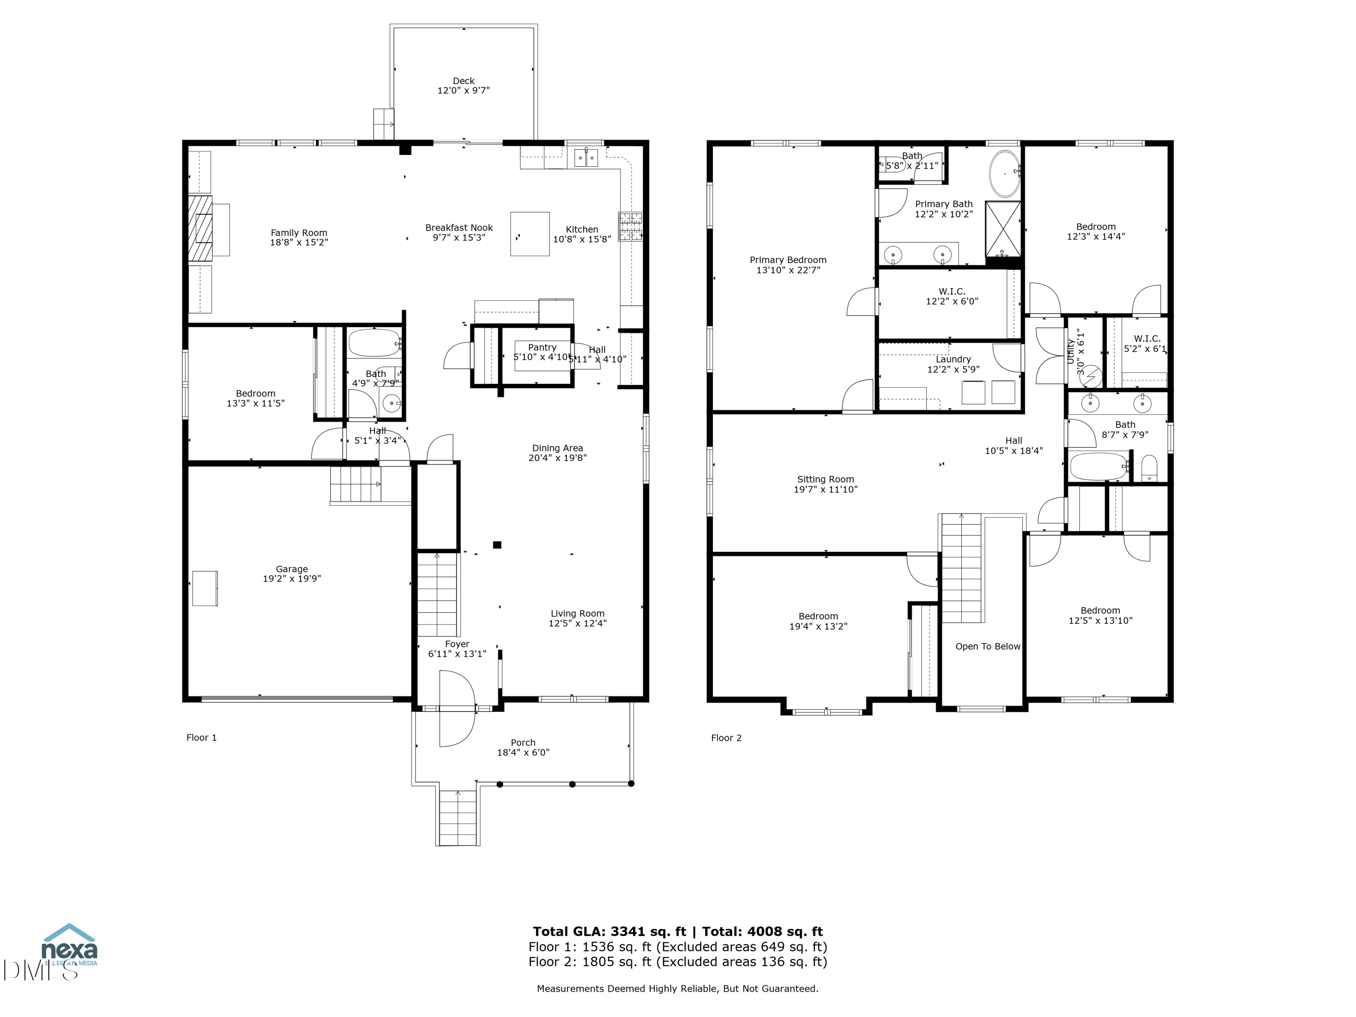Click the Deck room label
[463, 81]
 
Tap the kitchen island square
[530, 234]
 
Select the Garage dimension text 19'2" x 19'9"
[292, 579]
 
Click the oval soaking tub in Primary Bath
[1005, 173]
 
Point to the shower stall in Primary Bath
[1003, 229]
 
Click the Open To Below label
[988, 647]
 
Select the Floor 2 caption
[726, 738]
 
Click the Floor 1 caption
[201, 738]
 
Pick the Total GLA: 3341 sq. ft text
[609, 932]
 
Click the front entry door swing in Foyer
[457, 709]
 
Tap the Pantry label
[542, 348]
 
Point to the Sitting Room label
[825, 480]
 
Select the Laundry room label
[953, 360]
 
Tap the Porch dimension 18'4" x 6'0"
[523, 753]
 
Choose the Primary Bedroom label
[788, 260]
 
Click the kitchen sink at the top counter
[586, 158]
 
